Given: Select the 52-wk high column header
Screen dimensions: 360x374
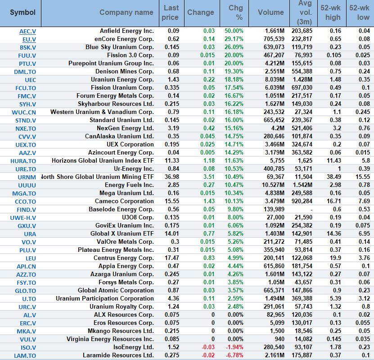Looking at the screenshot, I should (330, 13).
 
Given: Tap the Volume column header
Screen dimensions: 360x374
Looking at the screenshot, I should (270, 13).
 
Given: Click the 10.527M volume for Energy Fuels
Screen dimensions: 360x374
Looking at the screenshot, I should (272, 185).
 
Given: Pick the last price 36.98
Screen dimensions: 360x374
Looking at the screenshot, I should (173, 177).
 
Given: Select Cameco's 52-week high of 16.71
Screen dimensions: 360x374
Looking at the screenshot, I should (332, 201).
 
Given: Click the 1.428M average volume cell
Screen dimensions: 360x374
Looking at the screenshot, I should (302, 80).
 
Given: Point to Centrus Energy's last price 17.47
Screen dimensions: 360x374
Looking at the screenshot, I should (173, 258).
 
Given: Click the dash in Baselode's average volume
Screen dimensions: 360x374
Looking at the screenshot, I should (311, 210).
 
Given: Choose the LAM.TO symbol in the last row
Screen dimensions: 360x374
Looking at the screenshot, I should (26, 355).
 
